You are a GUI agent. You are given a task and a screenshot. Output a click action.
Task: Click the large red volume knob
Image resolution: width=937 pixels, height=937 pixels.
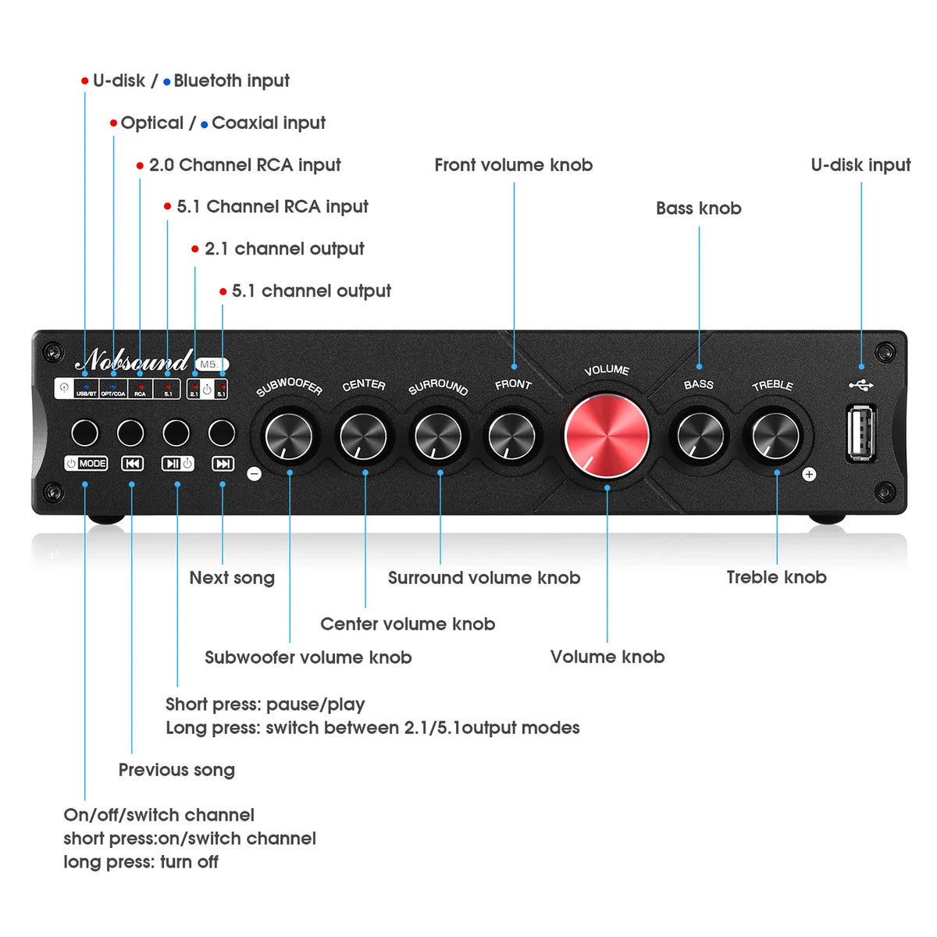tap(607, 436)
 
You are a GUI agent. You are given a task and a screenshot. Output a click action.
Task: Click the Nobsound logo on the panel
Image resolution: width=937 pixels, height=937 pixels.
tap(134, 360)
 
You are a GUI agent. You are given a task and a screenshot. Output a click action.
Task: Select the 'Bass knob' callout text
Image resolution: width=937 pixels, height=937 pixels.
tap(698, 208)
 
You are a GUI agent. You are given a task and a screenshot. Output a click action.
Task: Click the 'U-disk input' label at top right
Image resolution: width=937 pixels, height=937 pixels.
tap(860, 165)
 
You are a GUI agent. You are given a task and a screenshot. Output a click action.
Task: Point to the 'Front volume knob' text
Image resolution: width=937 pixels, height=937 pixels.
tap(513, 165)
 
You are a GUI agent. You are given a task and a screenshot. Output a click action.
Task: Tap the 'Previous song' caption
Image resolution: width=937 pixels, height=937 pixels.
tap(176, 770)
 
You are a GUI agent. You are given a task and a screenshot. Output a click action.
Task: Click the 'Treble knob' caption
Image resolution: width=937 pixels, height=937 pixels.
tap(776, 577)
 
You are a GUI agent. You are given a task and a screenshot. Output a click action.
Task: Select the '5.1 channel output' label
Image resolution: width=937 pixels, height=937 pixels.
tap(311, 291)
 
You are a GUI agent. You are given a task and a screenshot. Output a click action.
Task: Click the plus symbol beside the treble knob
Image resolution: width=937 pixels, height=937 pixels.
tap(809, 474)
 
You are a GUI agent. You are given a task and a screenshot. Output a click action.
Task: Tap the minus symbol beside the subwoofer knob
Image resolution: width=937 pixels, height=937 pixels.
tap(254, 474)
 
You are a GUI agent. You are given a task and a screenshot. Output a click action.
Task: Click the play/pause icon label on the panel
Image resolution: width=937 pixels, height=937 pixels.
tap(177, 464)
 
